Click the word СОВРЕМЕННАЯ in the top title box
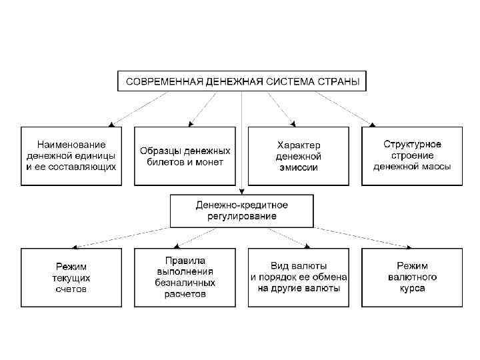(157, 82)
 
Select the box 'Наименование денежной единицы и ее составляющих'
(71, 155)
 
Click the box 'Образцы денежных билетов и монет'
(185, 155)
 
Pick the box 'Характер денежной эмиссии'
(299, 155)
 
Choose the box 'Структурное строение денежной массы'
(412, 155)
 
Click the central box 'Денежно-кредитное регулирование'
(241, 211)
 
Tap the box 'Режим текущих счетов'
(71, 277)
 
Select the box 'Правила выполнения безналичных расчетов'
(185, 277)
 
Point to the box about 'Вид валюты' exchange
(299, 277)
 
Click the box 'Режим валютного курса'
(412, 277)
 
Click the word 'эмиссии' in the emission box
(299, 167)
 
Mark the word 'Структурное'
(412, 143)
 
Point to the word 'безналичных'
(185, 283)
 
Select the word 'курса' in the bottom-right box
(412, 289)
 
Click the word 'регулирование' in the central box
(241, 217)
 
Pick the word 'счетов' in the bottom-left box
(71, 289)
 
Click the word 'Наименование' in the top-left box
(71, 144)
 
